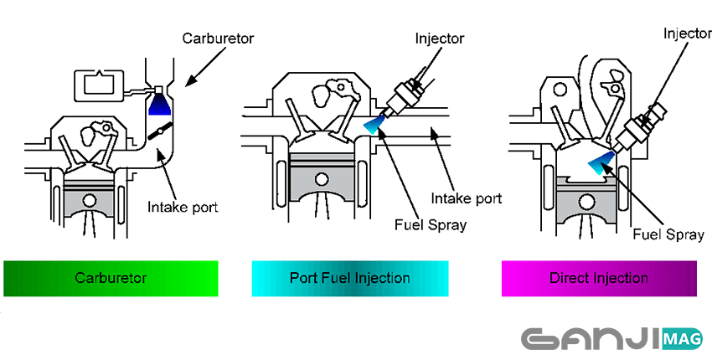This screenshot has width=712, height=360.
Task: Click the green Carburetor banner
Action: [x=111, y=278]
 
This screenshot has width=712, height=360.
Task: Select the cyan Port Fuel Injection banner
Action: [x=349, y=278]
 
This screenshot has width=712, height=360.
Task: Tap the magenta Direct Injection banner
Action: [x=598, y=278]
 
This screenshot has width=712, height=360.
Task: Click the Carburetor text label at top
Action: [x=219, y=39]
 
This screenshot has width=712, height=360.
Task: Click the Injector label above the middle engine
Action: [x=439, y=39]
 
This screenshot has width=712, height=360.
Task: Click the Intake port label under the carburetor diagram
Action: [x=182, y=207]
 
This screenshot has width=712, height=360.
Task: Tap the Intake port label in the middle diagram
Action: [x=467, y=198]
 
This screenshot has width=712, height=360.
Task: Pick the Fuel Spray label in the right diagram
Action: [x=668, y=235]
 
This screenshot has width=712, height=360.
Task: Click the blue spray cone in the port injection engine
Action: [x=374, y=126]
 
